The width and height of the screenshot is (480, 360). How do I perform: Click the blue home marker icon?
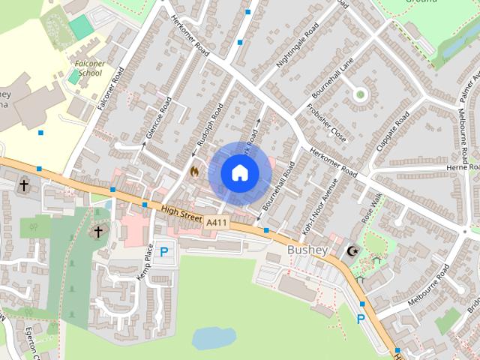point(240,173)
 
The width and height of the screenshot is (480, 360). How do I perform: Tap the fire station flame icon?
point(195,171)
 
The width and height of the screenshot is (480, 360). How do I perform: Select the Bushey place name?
point(307,249)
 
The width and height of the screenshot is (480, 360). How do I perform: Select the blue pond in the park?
point(214,338)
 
